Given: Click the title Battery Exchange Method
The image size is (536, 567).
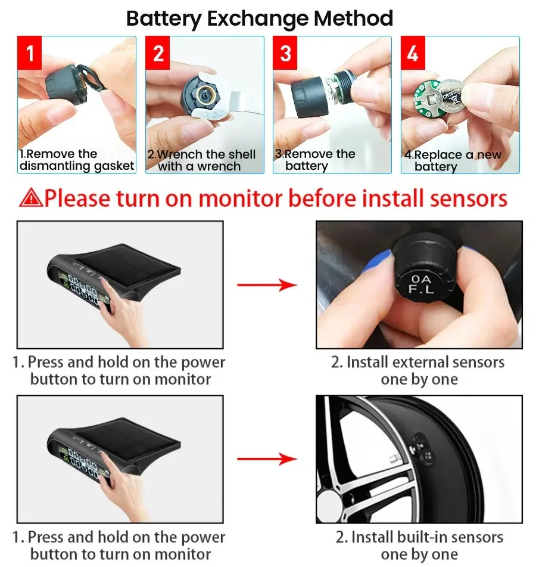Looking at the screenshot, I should coord(260,18).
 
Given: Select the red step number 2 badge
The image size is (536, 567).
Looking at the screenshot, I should coord(158,54).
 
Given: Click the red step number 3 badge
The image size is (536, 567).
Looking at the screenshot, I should coord(286,54).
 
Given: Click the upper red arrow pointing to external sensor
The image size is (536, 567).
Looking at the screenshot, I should coord(267,285).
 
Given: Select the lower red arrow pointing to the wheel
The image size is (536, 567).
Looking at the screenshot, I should coord(267,459).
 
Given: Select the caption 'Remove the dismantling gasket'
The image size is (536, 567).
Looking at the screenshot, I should coord(76,160).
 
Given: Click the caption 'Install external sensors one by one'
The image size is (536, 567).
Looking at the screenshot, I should coord(419,371).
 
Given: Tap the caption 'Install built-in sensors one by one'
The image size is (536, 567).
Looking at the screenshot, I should coord(419,546).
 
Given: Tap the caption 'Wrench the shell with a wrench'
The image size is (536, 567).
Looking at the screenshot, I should coord(201,160).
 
